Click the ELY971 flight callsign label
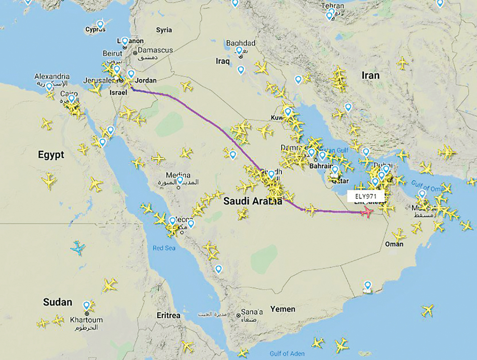pyautogui.click(x=366, y=196)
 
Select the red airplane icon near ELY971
pyautogui.click(x=367, y=212)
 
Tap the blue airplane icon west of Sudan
pyautogui.click(x=78, y=248)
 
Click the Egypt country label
pyautogui.click(x=52, y=154)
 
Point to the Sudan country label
pyautogui.click(x=57, y=302)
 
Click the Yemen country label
pyautogui.click(x=282, y=309)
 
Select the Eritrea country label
pyautogui.click(x=169, y=316)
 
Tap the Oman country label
pyautogui.click(x=394, y=244)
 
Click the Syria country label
pyautogui.click(x=164, y=30)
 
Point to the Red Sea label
pyautogui.click(x=165, y=248)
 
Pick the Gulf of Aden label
pyautogui.click(x=286, y=353)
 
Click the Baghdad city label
pyautogui.click(x=241, y=43)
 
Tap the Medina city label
pyautogui.click(x=179, y=175)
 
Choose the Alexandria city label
pyautogui.click(x=52, y=76)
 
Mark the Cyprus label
pyautogui.click(x=95, y=30)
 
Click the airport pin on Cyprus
pyautogui.click(x=100, y=24)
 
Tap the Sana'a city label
pyautogui.click(x=252, y=312)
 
